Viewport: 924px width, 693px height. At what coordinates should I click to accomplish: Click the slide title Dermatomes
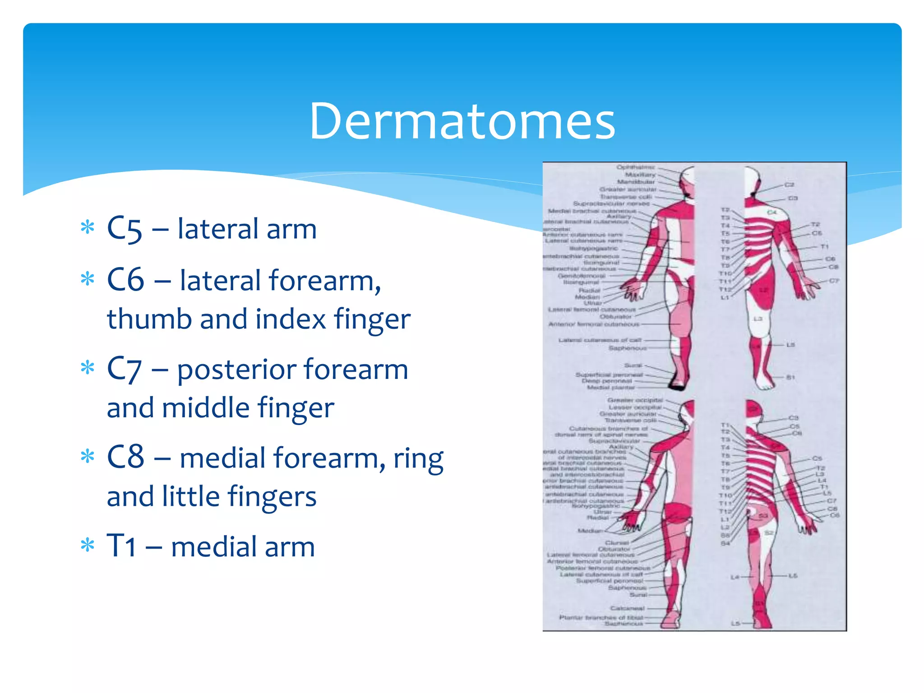point(462,121)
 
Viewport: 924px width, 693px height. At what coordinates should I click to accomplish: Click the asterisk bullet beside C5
point(87,228)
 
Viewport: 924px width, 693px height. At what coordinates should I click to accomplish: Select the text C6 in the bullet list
point(125,280)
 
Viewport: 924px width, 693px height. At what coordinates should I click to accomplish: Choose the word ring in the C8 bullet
point(418,459)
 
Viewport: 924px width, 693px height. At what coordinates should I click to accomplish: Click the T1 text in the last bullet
point(121,546)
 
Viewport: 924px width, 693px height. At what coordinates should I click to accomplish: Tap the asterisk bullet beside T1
point(87,546)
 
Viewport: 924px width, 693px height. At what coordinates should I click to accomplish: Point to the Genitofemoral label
point(582,276)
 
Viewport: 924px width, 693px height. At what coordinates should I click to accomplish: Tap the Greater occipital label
point(635,400)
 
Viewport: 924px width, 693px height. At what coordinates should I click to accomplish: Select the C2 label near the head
point(789,185)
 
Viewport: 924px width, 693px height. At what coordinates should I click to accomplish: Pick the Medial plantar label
point(611,387)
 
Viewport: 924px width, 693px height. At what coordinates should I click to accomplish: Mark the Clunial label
point(617,543)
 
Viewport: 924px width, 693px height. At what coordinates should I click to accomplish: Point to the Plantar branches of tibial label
point(601,617)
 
